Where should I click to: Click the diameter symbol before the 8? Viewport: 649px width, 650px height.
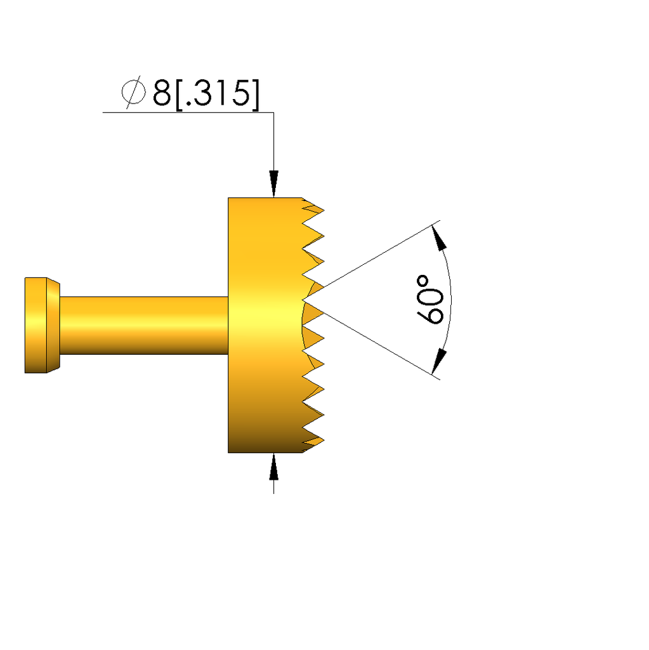point(133,93)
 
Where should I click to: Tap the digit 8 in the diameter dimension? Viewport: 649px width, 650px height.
point(161,94)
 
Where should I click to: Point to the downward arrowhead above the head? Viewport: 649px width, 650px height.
point(273,184)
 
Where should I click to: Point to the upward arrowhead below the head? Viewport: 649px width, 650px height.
point(273,467)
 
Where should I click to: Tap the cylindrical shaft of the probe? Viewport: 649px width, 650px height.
point(143,325)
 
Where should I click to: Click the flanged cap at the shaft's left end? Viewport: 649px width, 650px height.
point(37,325)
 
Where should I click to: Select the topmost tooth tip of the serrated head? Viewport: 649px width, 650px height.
point(323,210)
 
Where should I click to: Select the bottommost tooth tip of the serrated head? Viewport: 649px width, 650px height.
point(323,440)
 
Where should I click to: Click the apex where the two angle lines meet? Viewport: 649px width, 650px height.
point(305,299)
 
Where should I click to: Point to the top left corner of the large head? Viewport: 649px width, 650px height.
point(228,198)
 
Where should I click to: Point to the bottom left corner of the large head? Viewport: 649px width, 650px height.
point(228,452)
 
